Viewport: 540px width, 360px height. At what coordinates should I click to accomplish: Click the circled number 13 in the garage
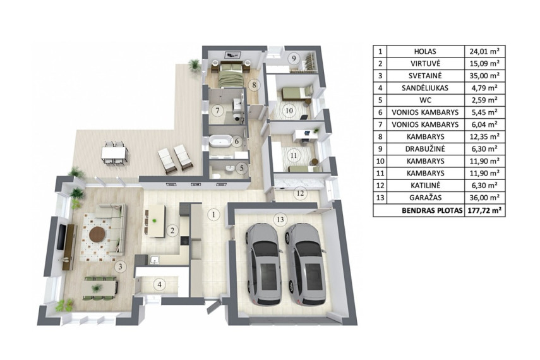280,219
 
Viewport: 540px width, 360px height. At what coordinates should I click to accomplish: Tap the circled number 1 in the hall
213,215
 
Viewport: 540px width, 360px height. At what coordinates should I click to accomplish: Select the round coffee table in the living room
97,235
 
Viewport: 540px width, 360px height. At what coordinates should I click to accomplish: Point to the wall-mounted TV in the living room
61,237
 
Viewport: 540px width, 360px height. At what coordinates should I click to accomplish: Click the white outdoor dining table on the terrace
115,153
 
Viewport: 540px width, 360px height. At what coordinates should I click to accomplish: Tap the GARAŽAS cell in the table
426,198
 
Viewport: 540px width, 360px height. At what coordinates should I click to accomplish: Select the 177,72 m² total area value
484,210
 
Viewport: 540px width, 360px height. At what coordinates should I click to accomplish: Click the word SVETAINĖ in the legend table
426,75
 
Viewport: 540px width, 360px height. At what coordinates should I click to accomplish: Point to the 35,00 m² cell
484,75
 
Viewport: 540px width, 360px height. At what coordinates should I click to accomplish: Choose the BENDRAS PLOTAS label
432,210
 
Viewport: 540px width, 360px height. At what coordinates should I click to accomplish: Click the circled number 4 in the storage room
159,285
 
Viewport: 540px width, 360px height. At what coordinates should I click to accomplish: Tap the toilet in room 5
216,176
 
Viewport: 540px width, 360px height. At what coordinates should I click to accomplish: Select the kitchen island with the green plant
155,221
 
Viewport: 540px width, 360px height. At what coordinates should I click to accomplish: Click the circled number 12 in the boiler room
300,193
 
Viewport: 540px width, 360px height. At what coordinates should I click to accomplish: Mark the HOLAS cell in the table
426,51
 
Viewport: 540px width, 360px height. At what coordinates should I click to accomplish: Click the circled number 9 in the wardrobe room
294,58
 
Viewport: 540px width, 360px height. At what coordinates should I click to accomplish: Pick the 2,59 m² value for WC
484,100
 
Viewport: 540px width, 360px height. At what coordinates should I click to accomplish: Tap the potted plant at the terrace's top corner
195,65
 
